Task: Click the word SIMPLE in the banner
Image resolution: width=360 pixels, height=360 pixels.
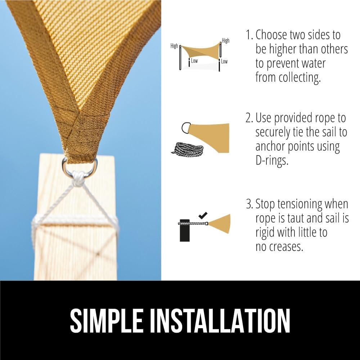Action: (x=106, y=320)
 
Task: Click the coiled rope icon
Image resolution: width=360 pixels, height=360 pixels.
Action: (x=187, y=149)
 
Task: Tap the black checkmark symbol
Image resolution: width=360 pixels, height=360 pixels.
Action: (x=203, y=215)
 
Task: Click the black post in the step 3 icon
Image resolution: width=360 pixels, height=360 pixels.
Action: (x=185, y=230)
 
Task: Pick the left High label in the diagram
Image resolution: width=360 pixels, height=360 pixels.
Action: (x=174, y=46)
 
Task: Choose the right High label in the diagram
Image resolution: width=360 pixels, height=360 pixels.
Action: (x=226, y=41)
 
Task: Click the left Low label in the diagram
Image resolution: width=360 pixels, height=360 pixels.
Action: (x=194, y=61)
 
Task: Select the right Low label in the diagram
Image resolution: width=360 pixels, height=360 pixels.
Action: (x=224, y=61)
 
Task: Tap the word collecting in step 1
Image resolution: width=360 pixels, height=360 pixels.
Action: (x=300, y=78)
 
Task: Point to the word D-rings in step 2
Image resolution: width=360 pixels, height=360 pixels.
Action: (x=272, y=161)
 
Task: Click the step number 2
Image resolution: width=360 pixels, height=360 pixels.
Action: (x=248, y=118)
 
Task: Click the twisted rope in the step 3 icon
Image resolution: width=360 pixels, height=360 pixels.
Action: (x=193, y=223)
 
